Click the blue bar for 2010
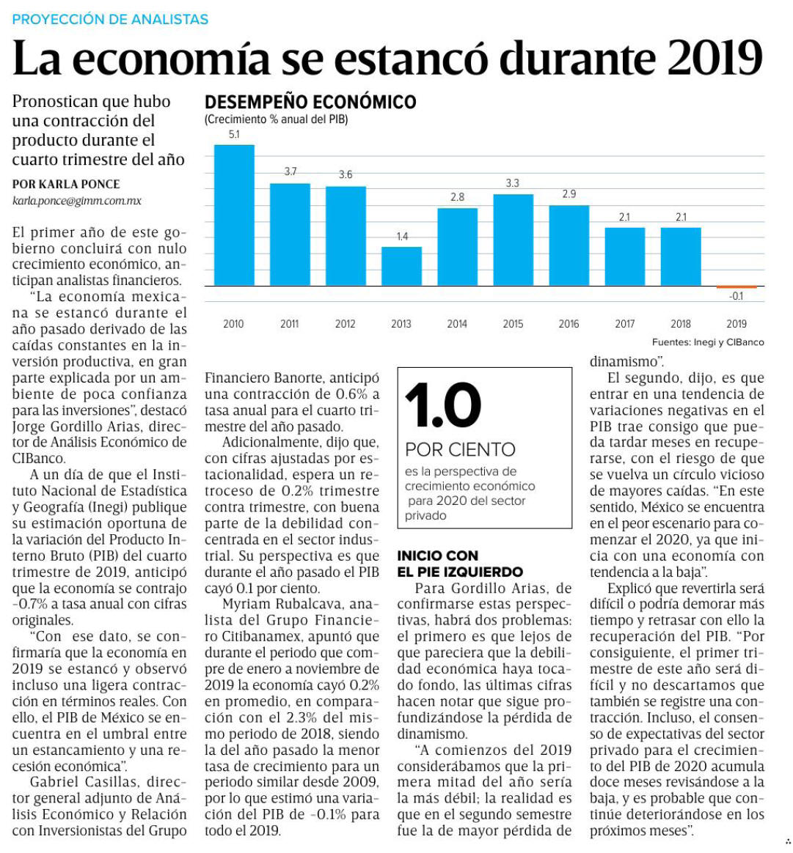(234, 215)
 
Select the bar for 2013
(401, 266)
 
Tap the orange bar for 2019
(737, 287)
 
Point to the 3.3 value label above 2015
(513, 183)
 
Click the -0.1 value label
(736, 297)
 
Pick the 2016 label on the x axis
(569, 324)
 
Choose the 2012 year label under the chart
(346, 324)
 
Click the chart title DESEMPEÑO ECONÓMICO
(310, 103)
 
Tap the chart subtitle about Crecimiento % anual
(276, 119)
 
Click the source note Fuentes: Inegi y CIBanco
(708, 342)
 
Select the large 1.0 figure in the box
(443, 405)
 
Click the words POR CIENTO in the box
(460, 450)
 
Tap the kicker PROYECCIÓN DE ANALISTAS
(110, 20)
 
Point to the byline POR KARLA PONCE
(66, 185)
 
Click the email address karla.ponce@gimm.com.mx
(77, 201)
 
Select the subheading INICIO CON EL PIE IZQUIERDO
(460, 564)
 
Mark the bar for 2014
(458, 247)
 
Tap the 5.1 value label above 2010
(234, 135)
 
